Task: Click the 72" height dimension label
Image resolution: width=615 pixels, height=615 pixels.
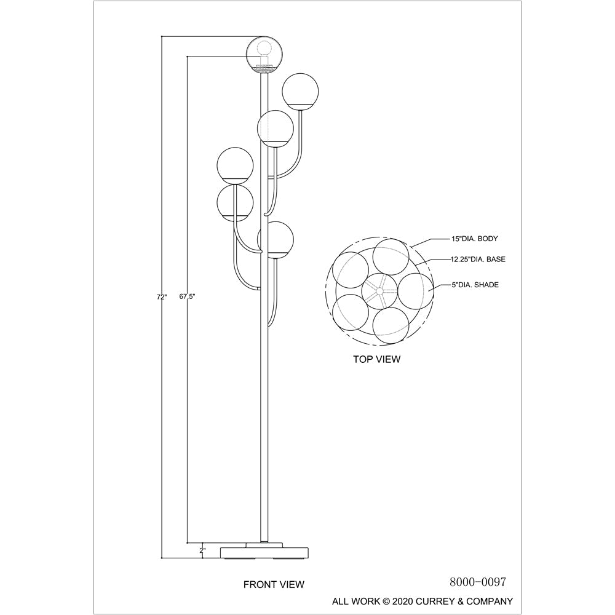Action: point(162,297)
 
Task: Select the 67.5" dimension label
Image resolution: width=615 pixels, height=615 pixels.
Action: point(187,296)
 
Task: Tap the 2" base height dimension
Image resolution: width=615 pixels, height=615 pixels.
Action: point(202,550)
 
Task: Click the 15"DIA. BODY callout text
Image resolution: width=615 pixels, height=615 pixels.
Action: point(475,239)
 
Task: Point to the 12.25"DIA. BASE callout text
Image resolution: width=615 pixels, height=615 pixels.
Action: point(478,260)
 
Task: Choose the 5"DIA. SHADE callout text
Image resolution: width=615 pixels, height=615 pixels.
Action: point(475,285)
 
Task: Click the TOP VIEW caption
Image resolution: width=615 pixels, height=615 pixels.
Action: point(377,359)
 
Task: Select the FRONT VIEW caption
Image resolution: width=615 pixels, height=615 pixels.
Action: point(274,584)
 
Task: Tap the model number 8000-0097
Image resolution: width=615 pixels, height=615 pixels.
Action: point(478,582)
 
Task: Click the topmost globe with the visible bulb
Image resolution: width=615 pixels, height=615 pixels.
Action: point(264,54)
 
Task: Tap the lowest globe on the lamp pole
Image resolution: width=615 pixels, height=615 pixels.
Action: point(276,240)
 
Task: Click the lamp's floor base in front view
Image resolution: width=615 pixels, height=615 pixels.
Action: point(264,550)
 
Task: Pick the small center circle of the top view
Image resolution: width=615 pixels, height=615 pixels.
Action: point(379,291)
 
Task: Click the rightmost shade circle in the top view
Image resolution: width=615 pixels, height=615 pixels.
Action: point(416,291)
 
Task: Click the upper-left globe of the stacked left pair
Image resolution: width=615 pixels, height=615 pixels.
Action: point(235,165)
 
